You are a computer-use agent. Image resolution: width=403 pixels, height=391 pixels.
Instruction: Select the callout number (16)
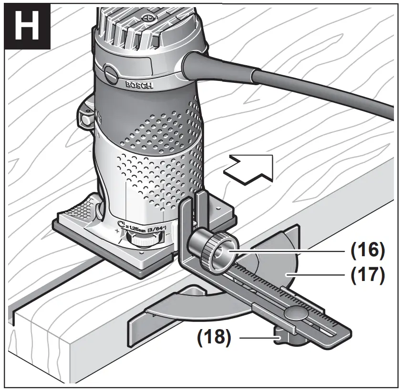[x=367, y=250]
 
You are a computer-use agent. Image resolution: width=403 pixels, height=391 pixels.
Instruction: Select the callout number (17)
[x=367, y=275]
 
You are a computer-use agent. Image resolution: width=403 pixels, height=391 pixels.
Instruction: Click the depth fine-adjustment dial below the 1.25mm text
[x=145, y=241]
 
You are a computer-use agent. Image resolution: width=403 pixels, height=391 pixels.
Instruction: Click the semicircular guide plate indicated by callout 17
[x=281, y=267]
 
